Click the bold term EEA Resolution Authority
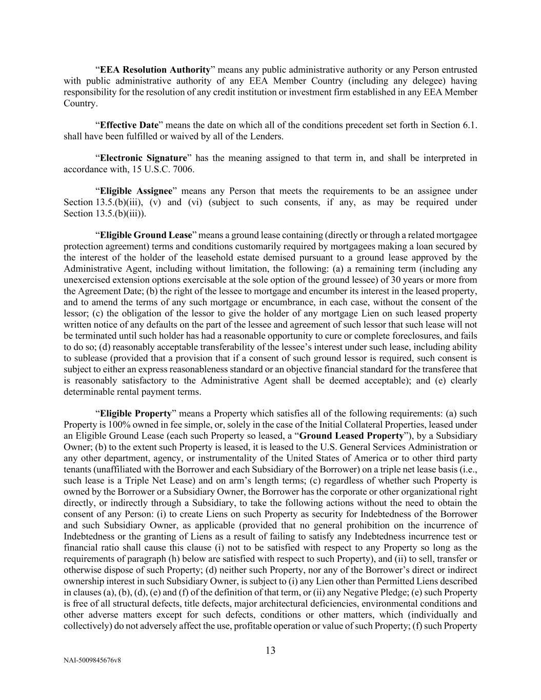point(155,70)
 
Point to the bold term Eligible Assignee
point(136,191)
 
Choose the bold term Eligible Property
point(135,413)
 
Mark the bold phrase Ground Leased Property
point(351,436)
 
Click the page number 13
point(270,651)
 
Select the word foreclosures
point(420,336)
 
